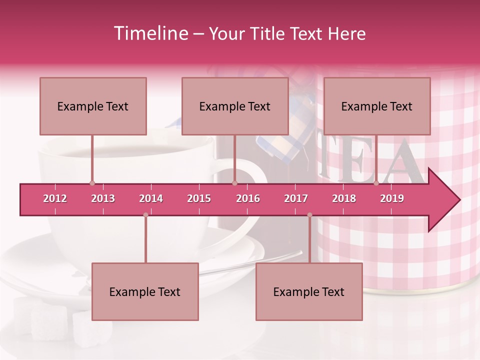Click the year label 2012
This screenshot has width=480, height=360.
(x=55, y=198)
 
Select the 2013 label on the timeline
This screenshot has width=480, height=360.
(x=103, y=198)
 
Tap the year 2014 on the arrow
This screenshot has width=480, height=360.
(x=151, y=198)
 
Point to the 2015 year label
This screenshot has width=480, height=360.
(x=199, y=198)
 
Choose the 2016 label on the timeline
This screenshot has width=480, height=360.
(x=248, y=198)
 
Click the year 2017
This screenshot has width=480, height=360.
(x=296, y=198)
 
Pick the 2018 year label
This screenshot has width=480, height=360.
(x=344, y=198)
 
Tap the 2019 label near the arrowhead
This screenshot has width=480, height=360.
(x=392, y=198)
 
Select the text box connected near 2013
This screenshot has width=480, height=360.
(x=93, y=106)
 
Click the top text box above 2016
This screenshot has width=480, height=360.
(x=235, y=106)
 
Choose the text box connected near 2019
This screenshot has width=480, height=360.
(x=377, y=106)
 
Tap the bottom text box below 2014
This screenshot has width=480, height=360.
(x=145, y=291)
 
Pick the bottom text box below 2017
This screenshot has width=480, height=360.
(x=309, y=291)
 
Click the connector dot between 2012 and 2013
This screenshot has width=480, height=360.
(x=92, y=183)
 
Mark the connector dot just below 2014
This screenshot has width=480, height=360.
(x=145, y=215)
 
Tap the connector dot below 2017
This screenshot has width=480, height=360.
(x=309, y=215)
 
